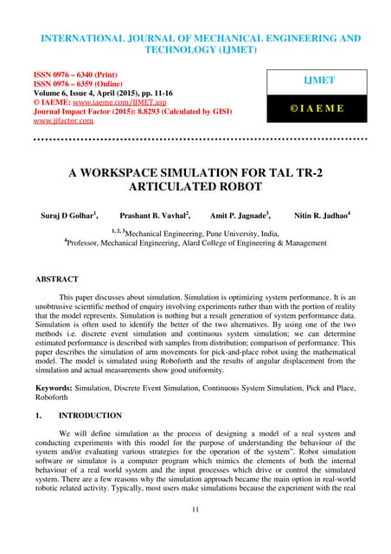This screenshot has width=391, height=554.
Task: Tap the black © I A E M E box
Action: (319, 110)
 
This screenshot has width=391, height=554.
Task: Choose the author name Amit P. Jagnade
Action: (234, 214)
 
